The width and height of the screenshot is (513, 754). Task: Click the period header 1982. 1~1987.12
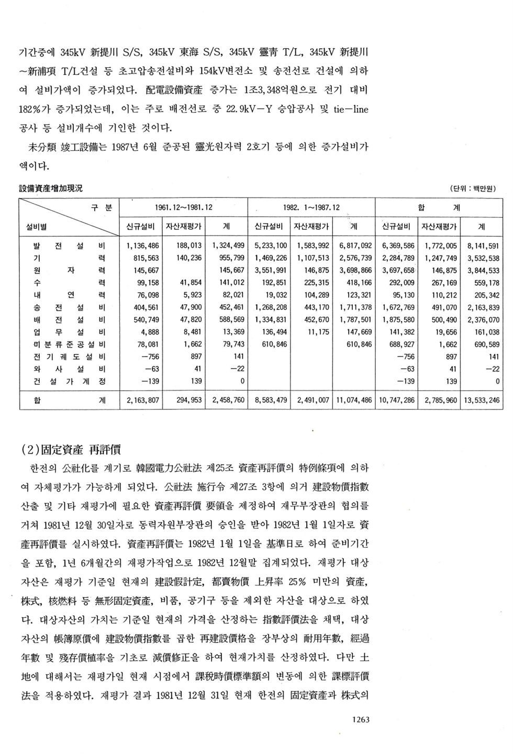pyautogui.click(x=311, y=207)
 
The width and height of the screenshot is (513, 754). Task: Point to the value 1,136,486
pyautogui.click(x=143, y=246)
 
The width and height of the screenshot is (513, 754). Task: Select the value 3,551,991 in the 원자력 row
pyautogui.click(x=271, y=271)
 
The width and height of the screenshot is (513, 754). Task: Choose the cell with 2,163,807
pyautogui.click(x=143, y=401)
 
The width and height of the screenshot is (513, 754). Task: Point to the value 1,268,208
pyautogui.click(x=271, y=307)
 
